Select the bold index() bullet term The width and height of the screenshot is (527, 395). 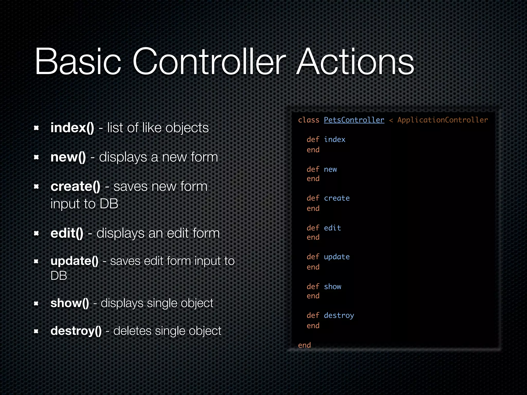pos(72,128)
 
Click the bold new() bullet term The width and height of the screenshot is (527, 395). pos(68,157)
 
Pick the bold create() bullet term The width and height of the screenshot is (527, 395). pos(75,186)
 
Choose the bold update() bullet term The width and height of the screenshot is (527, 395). pos(74,261)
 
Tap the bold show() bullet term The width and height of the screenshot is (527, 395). pos(70,303)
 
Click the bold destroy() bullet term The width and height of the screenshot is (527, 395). pos(76,331)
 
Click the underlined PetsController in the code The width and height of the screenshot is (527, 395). pos(354,120)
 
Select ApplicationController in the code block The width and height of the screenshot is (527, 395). pos(442,120)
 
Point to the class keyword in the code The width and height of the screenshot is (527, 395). pos(309,120)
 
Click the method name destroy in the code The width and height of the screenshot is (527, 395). pos(339,316)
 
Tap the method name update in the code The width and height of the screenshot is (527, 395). pos(337,257)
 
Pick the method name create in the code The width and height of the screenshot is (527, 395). pos(337,198)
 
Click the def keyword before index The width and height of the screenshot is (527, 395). pos(313,140)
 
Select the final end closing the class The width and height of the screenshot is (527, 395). pos(304,345)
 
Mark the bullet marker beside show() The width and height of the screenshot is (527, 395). pos(36,304)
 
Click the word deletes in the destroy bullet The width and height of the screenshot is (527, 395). pos(132,331)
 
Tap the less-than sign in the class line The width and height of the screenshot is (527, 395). pos(391,120)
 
